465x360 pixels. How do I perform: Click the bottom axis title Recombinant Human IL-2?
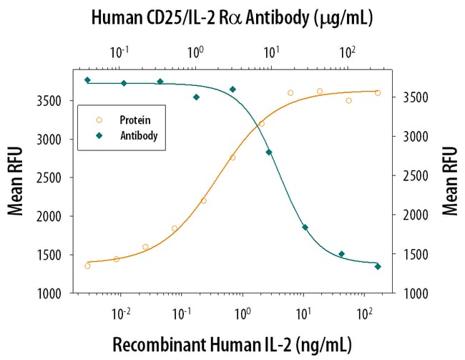pyautogui.click(x=232, y=344)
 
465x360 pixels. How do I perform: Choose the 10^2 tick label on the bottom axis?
pyautogui.click(x=366, y=313)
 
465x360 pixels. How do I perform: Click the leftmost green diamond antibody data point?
pyautogui.click(x=87, y=80)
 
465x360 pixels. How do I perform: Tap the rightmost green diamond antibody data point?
pyautogui.click(x=378, y=266)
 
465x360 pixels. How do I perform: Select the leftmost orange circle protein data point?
pyautogui.click(x=87, y=266)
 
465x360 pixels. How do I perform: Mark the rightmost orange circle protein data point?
pyautogui.click(x=378, y=92)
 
